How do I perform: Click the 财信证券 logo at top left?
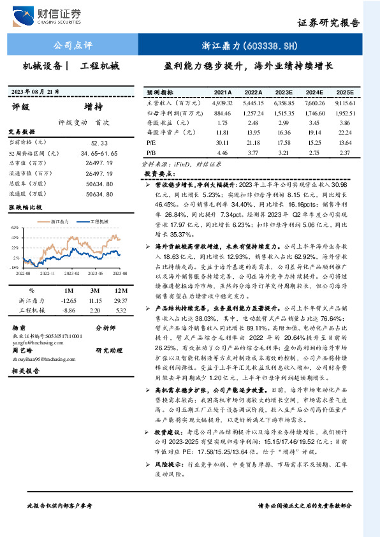tap(55, 15)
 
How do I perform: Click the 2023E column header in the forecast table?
tap(285, 92)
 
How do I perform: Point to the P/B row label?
tap(152, 153)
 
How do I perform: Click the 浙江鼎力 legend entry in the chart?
tap(59, 221)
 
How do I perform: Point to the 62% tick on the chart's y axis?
tap(15, 227)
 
